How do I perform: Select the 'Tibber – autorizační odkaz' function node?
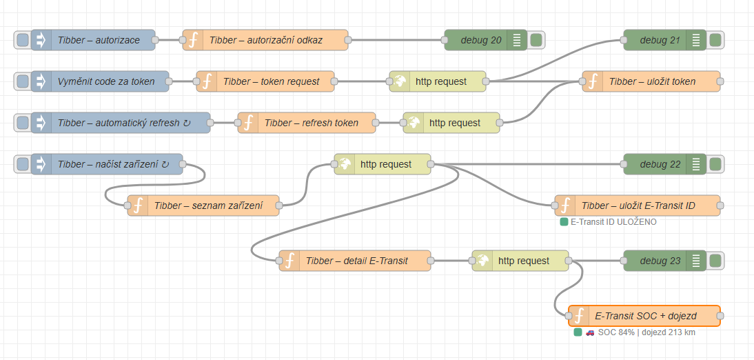coord(265,40)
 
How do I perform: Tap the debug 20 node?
coord(486,40)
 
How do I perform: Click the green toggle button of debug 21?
coord(715,40)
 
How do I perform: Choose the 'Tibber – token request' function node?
coord(266,81)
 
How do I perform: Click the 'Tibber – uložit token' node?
coord(651,81)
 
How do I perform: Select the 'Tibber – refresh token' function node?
coord(307,123)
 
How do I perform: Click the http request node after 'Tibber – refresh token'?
coord(451,123)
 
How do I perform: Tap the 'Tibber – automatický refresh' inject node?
coord(121,123)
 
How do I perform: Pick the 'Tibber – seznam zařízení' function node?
coord(203,206)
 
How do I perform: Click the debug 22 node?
coord(665,164)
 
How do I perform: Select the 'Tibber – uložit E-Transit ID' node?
coord(638,206)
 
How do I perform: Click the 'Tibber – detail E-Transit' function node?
coord(355,261)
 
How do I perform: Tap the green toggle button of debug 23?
coord(715,261)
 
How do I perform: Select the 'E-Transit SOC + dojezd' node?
coord(644,316)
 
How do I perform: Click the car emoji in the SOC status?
coord(590,332)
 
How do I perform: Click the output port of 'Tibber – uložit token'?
coord(720,81)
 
